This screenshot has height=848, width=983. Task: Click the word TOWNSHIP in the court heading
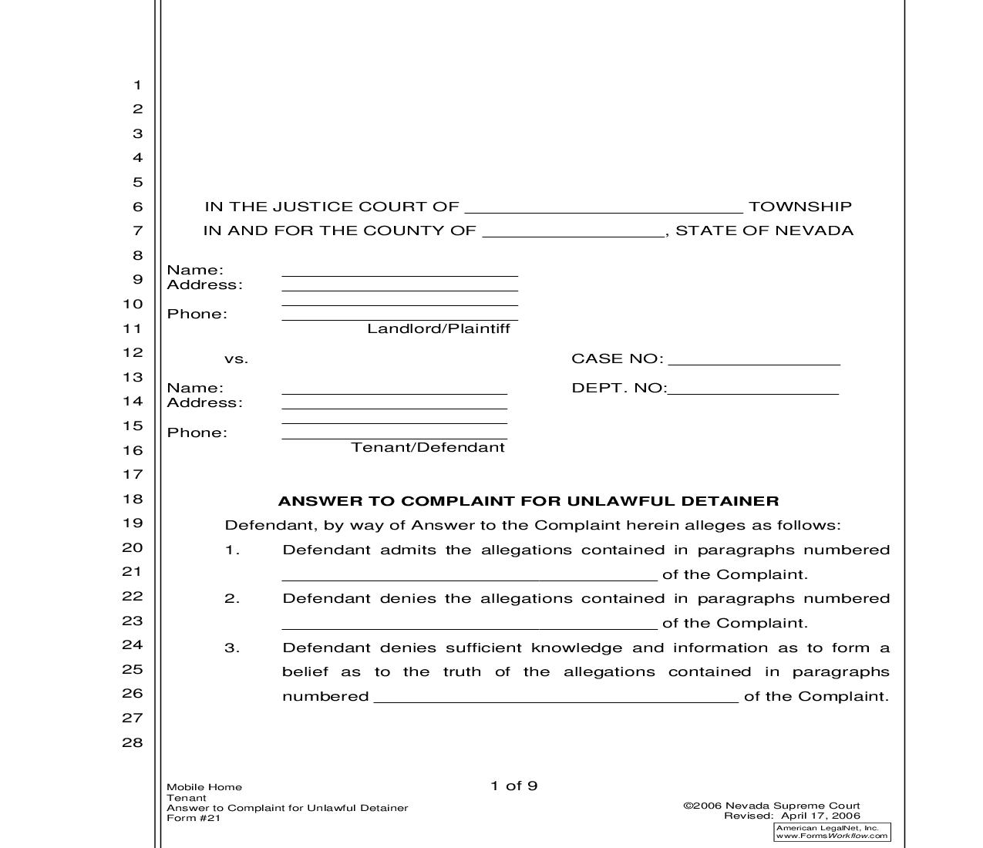pyautogui.click(x=800, y=207)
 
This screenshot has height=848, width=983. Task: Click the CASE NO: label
pyautogui.click(x=617, y=358)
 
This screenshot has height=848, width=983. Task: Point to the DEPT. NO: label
pyautogui.click(x=618, y=388)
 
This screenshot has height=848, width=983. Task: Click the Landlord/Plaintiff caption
pyautogui.click(x=438, y=328)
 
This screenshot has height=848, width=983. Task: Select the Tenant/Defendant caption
pyautogui.click(x=428, y=447)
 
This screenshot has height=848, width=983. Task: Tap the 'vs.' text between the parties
pyautogui.click(x=236, y=359)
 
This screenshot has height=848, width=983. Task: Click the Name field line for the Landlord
pyautogui.click(x=399, y=271)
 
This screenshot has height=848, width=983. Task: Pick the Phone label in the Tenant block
pyautogui.click(x=197, y=432)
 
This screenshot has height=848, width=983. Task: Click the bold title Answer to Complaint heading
pyautogui.click(x=528, y=501)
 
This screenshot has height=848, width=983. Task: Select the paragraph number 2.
pyautogui.click(x=232, y=599)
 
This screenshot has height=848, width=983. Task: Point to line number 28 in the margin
pyautogui.click(x=133, y=742)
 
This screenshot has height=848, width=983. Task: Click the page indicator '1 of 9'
pyautogui.click(x=513, y=786)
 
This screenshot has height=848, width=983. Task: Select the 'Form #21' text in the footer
pyautogui.click(x=194, y=818)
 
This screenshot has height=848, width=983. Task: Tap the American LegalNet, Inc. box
pyautogui.click(x=832, y=832)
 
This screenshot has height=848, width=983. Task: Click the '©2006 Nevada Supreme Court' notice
pyautogui.click(x=771, y=806)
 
